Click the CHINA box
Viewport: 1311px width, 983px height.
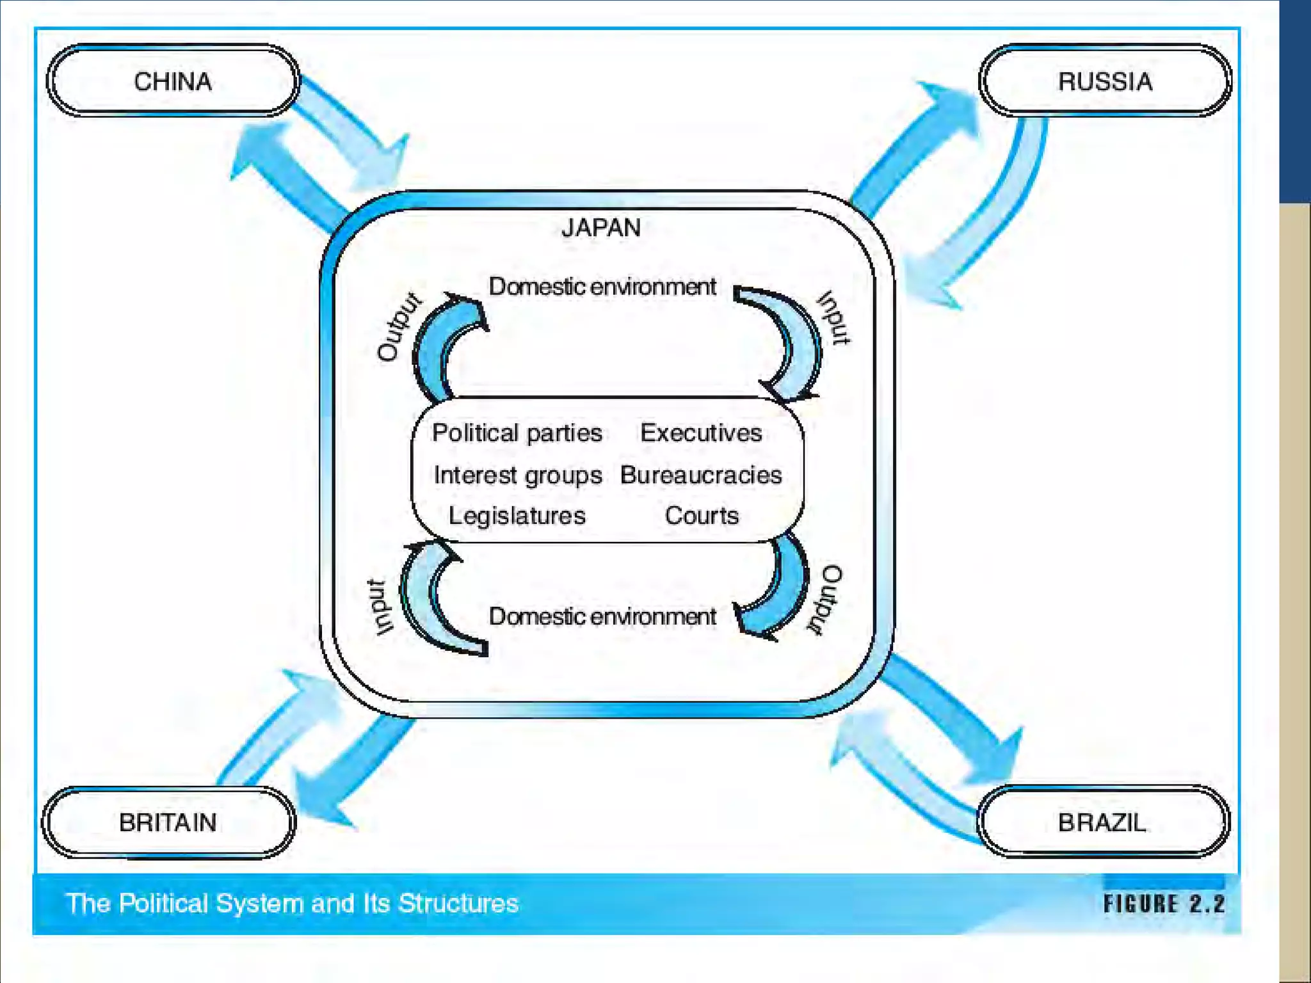coord(173,81)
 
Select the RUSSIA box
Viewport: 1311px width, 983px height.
coord(1104,81)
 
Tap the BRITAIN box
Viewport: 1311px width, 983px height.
coord(168,822)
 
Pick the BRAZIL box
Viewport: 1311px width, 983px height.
coord(1102,822)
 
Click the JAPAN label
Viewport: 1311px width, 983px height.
coord(601,228)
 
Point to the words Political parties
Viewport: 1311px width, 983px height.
coord(517,433)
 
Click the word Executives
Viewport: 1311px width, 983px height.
coord(701,433)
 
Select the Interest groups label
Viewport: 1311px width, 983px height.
coord(518,475)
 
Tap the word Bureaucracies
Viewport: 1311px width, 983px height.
coord(701,475)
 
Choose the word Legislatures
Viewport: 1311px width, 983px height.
coord(517,516)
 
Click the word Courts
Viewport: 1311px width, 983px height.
coord(702,516)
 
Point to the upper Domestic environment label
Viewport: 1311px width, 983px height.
coord(602,287)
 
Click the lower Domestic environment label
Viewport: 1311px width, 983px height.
coord(602,616)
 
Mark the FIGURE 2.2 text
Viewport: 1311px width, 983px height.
coord(1164,904)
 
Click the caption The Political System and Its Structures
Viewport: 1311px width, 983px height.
coord(293,904)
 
